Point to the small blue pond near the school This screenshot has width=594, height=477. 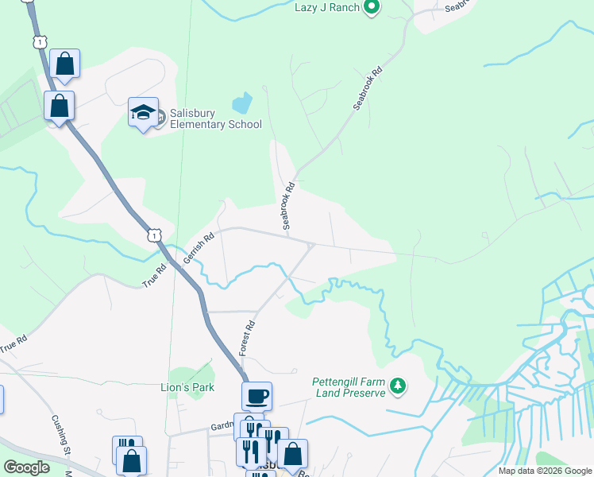(241, 103)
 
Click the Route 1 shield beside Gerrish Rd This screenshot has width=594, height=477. (154, 235)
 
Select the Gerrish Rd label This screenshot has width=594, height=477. (199, 248)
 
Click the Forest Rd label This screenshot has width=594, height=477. (249, 337)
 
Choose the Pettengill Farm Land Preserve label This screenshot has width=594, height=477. (349, 387)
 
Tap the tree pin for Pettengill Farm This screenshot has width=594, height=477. (398, 387)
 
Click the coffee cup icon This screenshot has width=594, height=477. (256, 395)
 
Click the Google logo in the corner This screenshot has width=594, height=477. (26, 467)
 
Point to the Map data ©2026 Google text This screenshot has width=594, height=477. (545, 471)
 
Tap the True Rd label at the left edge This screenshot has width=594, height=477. (13, 345)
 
